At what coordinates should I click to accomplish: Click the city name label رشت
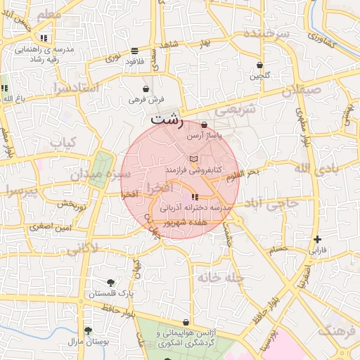[x=167, y=120]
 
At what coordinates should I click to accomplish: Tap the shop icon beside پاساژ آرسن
[x=205, y=124]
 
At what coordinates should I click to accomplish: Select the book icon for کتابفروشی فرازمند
[x=194, y=159]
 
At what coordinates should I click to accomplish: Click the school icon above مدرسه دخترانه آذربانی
[x=195, y=198]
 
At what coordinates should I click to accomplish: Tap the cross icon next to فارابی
[x=318, y=240]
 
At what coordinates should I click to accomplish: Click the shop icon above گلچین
[x=260, y=65]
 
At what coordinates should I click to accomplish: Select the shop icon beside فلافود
[x=134, y=51]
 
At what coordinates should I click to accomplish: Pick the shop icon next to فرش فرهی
[x=146, y=89]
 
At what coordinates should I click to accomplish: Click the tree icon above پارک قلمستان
[x=110, y=282]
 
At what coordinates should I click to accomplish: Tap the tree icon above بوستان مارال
[x=87, y=330]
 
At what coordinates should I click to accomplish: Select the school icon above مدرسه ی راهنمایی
[x=44, y=38]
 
